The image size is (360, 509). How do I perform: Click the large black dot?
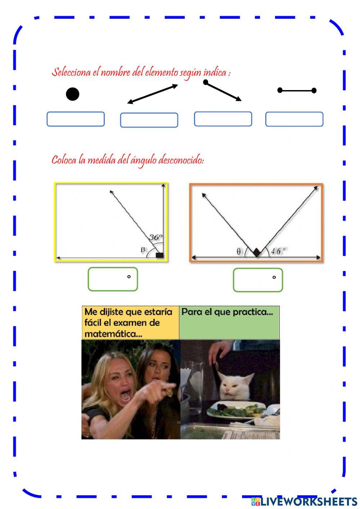[72, 94]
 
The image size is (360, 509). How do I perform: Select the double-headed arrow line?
[153, 94]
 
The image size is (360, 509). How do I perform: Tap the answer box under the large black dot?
[76, 119]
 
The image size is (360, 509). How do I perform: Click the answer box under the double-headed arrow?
[149, 120]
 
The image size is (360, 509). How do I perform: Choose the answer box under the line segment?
[294, 119]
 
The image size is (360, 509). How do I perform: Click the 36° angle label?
[156, 237]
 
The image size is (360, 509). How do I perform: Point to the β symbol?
[143, 249]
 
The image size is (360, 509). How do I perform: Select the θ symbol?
[239, 252]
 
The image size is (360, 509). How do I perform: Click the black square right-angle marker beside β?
[159, 255]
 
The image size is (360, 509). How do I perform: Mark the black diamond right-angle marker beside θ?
[256, 253]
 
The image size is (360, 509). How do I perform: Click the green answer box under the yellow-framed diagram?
[113, 279]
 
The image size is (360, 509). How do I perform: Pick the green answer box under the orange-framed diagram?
[258, 280]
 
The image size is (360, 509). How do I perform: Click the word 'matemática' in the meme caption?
[113, 334]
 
